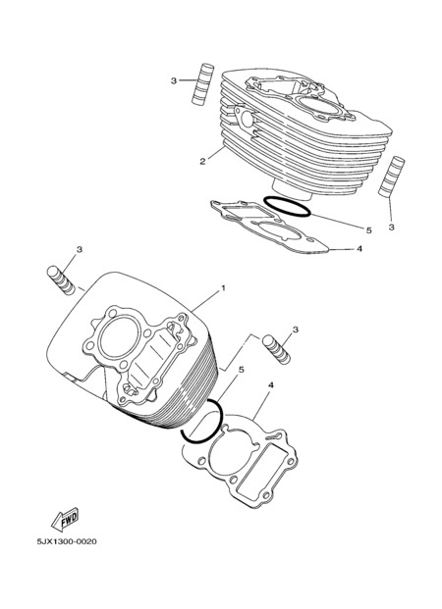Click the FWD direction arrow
pyautogui.click(x=66, y=519)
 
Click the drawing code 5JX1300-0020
pyautogui.click(x=67, y=541)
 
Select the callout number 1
pyautogui.click(x=223, y=287)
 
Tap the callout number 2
pyautogui.click(x=202, y=161)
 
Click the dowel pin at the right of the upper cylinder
pyautogui.click(x=392, y=177)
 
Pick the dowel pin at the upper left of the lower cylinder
pyautogui.click(x=61, y=280)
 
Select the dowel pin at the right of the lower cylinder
pyautogui.click(x=276, y=349)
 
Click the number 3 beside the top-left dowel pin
pyautogui.click(x=174, y=80)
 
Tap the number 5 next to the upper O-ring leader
pyautogui.click(x=369, y=230)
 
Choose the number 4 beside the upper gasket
pyautogui.click(x=359, y=248)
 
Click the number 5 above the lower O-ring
pyautogui.click(x=242, y=370)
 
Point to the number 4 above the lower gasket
pyautogui.click(x=271, y=385)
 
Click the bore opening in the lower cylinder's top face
pyautogui.click(x=120, y=338)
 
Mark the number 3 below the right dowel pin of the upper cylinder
pyautogui.click(x=392, y=227)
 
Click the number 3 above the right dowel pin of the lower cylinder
pyautogui.click(x=296, y=330)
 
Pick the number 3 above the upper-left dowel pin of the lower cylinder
pyautogui.click(x=80, y=249)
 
